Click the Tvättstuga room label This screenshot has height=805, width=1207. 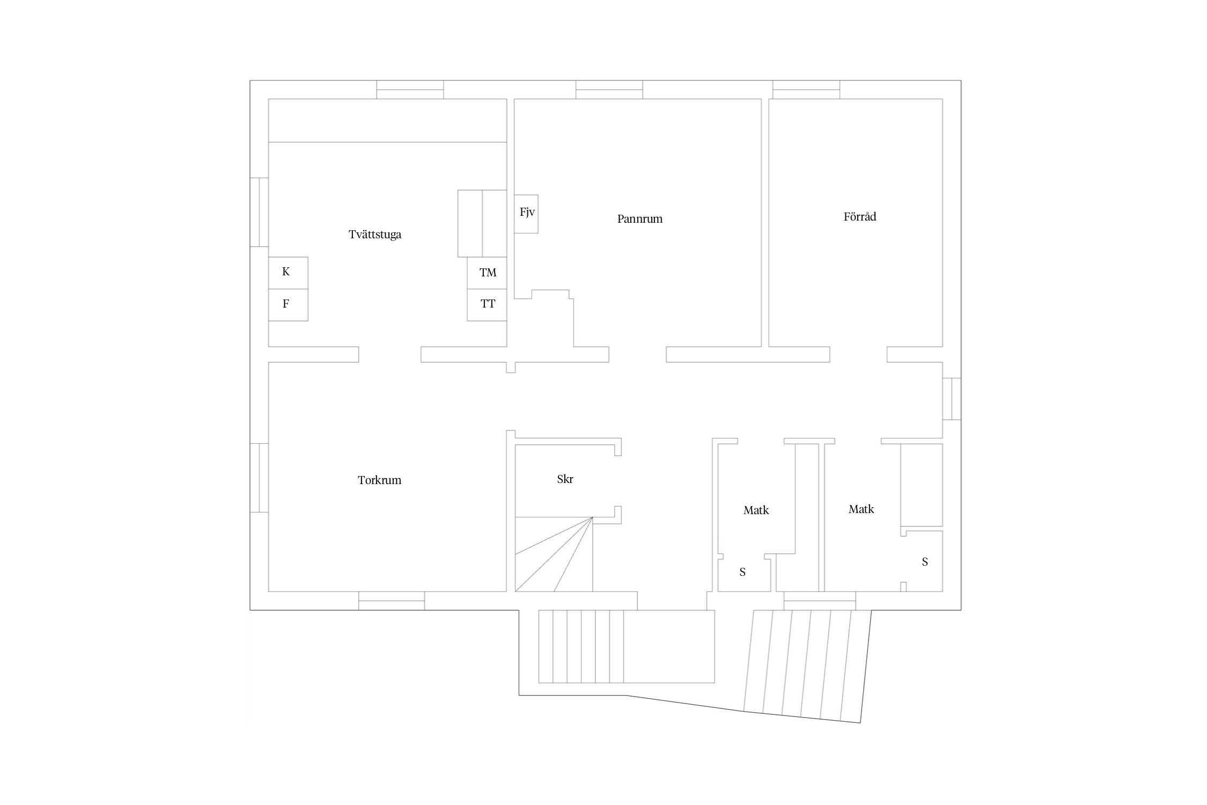(x=375, y=235)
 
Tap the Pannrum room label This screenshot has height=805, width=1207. (x=640, y=219)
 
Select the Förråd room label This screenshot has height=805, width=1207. (x=860, y=216)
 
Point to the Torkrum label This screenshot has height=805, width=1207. (x=379, y=480)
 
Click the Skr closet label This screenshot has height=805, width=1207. (x=565, y=479)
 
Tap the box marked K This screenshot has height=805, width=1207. (x=288, y=273)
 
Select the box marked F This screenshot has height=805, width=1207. (x=288, y=305)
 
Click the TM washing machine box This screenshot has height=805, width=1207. (x=487, y=273)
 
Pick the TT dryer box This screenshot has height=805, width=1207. (x=487, y=305)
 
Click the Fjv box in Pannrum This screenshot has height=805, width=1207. (x=526, y=214)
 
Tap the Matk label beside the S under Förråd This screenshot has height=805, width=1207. (x=861, y=509)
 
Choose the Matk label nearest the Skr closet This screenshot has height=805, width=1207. (x=756, y=510)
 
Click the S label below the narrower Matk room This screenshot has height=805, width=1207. (x=742, y=572)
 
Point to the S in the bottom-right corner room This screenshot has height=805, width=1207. (x=925, y=562)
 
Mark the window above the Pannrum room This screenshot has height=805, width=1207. (x=609, y=90)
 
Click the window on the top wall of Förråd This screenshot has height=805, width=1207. (x=806, y=90)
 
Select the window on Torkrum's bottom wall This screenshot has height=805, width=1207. (x=392, y=601)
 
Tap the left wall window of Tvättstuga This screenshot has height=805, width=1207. (x=259, y=212)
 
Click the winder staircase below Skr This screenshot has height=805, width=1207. (x=554, y=554)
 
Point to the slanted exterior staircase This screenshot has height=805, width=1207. (x=807, y=666)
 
